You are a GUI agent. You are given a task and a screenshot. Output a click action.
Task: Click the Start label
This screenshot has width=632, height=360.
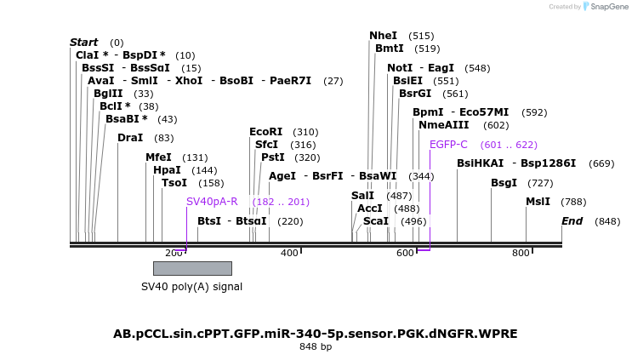[x=83, y=43]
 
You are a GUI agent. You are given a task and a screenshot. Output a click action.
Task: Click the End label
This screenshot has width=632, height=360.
[x=572, y=221]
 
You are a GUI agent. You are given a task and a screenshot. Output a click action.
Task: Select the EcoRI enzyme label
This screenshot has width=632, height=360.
[x=265, y=132]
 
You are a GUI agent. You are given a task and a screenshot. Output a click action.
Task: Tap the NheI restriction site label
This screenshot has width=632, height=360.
[x=383, y=36]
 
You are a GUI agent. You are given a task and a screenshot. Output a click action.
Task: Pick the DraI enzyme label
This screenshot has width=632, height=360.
[x=130, y=138]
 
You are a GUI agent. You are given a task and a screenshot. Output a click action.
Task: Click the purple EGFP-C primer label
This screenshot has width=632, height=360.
[x=448, y=145]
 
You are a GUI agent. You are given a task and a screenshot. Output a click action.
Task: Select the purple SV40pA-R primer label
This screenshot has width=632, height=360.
[x=212, y=202]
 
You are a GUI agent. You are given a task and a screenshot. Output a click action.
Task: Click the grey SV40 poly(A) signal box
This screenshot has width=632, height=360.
[x=192, y=268]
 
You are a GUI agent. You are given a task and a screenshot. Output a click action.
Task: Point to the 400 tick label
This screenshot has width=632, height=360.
[x=289, y=253]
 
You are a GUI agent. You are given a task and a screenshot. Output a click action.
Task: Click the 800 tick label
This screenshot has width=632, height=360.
[x=521, y=253]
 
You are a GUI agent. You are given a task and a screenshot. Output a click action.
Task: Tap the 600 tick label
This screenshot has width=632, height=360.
[x=405, y=253]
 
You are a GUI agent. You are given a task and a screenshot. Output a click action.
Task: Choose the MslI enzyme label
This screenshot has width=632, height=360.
[x=538, y=202]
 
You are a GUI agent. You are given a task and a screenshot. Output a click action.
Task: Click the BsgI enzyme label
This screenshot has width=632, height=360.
[x=504, y=183]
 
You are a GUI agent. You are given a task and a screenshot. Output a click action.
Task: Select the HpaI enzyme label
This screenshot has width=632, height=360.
[x=167, y=170]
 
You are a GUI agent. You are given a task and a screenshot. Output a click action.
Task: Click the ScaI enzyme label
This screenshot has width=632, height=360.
[x=375, y=221]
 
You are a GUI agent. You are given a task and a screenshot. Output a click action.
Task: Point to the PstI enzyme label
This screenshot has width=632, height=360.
[x=272, y=157]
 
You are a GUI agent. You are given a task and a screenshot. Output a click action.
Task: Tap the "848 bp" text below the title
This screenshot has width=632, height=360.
[x=316, y=347]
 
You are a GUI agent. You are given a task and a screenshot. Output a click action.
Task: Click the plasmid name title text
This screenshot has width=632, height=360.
[x=316, y=334]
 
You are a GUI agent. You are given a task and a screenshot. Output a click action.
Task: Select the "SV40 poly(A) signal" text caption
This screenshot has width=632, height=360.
[x=191, y=287]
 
